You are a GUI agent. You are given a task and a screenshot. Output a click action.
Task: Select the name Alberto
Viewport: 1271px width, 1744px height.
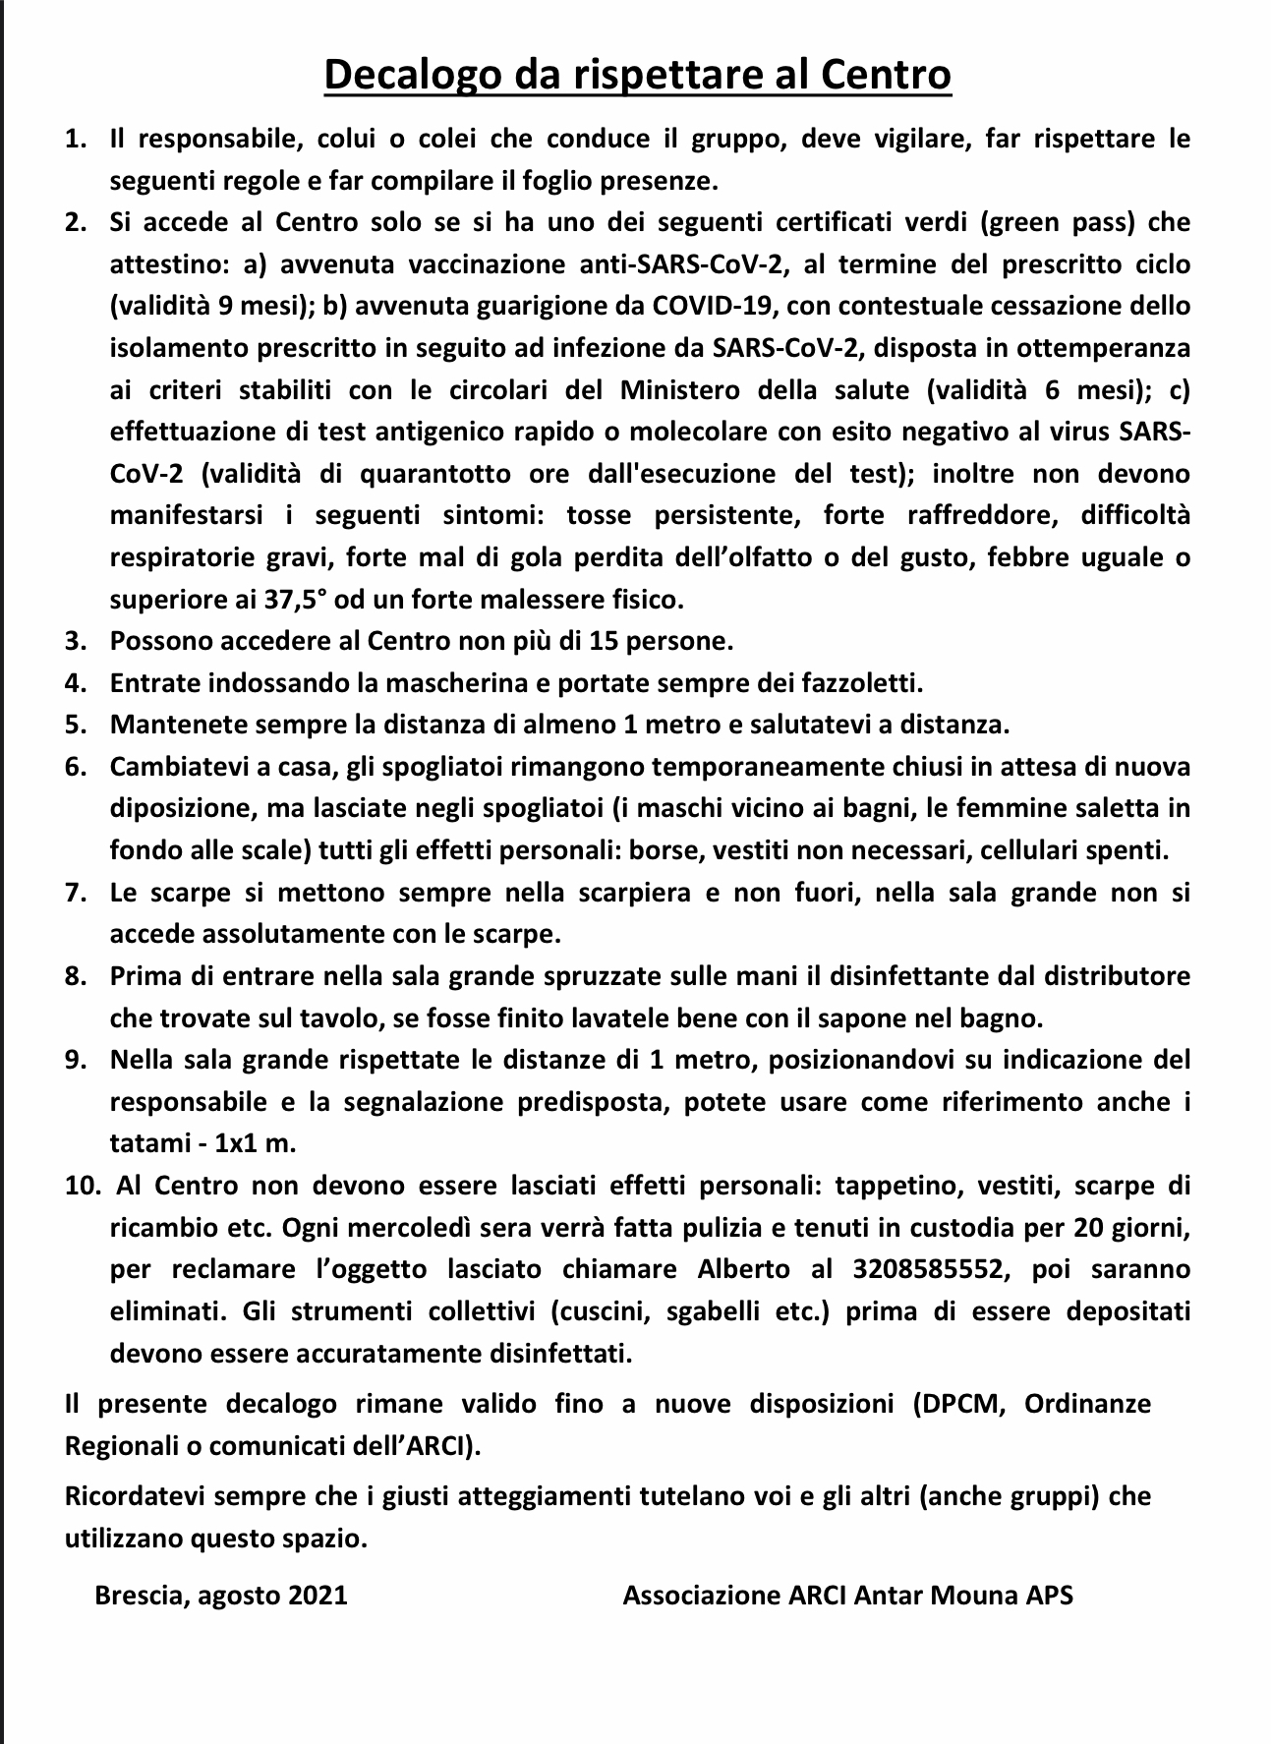click(x=743, y=1268)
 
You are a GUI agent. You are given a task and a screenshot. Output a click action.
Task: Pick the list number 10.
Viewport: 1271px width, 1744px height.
click(x=83, y=1186)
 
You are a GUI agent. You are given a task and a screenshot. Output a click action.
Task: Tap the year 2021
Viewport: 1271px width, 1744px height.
click(x=318, y=1594)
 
